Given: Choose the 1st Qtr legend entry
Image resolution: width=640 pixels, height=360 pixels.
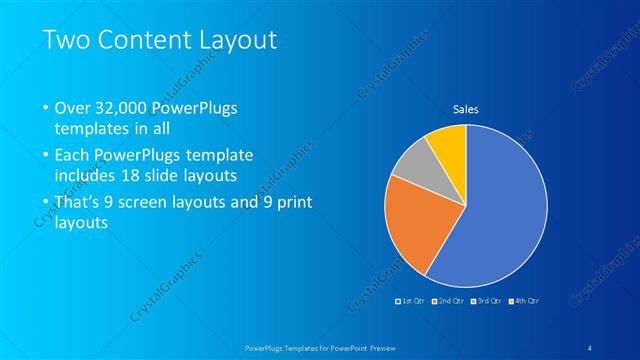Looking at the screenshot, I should tap(412, 300).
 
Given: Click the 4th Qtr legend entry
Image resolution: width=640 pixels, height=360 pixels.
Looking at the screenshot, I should tap(526, 300).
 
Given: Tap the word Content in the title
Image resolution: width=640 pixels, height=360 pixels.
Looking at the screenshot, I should tap(153, 41).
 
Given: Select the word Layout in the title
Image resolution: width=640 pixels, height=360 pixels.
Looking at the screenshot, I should tap(241, 41).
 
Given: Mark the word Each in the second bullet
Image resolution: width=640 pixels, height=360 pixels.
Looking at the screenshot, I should tap(72, 156).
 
